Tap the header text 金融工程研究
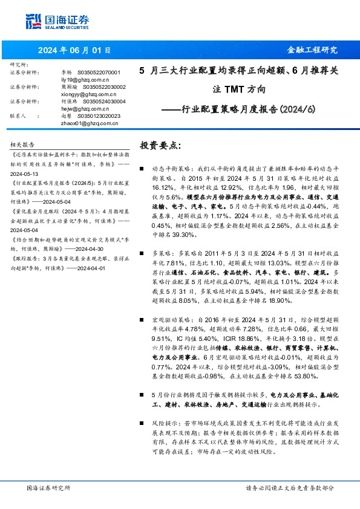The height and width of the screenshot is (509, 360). tap(312, 50)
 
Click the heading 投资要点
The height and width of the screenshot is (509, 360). tap(160, 146)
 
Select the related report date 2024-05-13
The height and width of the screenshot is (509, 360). tap(25, 171)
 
